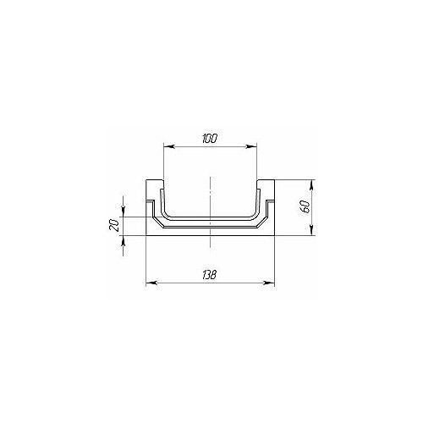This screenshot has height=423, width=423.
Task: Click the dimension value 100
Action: click(210, 139)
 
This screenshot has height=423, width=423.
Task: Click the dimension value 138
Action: click(209, 275)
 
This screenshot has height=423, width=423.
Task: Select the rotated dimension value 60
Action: click(306, 207)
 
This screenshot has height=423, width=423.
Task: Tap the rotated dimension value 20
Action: click(113, 226)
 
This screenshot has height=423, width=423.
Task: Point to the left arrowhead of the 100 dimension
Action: click(168, 146)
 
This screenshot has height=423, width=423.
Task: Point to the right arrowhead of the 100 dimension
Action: click(252, 146)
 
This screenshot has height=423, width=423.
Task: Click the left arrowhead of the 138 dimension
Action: click(151, 283)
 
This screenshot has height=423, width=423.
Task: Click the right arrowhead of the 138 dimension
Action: click(269, 283)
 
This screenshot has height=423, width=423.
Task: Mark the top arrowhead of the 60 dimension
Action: click(311, 184)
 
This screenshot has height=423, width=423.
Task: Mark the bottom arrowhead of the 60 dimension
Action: click(311, 230)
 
